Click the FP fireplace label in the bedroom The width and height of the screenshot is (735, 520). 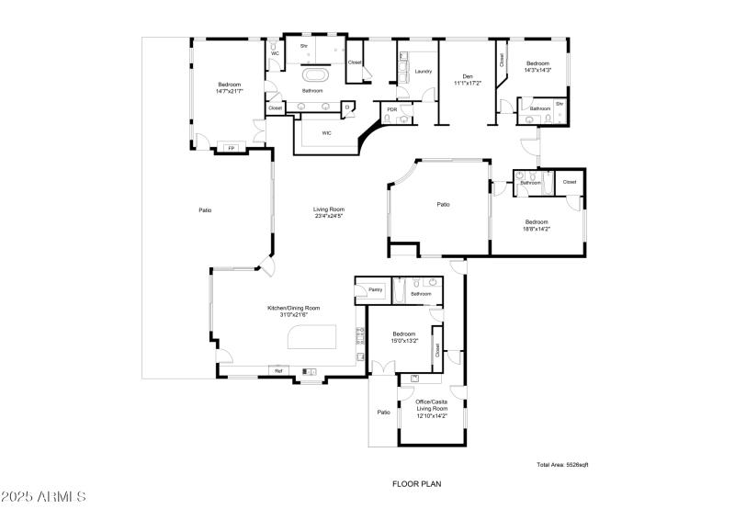tap(231, 148)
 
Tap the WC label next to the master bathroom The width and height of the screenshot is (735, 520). tap(275, 53)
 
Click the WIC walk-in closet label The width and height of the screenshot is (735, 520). tap(326, 133)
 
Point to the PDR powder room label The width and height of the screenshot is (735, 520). tap(392, 110)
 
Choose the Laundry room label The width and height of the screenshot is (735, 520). tap(423, 71)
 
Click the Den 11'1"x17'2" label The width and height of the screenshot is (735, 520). tap(468, 79)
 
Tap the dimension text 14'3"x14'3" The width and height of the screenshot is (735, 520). tap(537, 70)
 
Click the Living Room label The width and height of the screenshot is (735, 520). tap(329, 212)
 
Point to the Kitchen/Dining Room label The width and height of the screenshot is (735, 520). tap(294, 311)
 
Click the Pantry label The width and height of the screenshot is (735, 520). tap(375, 289)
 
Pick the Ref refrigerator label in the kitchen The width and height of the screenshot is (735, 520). tap(277, 370)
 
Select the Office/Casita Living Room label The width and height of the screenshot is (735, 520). tap(431, 409)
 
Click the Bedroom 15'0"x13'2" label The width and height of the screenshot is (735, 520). tap(404, 336)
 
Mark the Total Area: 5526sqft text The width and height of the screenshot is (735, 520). tap(562, 465)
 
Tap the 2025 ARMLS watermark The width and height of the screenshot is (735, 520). tap(44, 497)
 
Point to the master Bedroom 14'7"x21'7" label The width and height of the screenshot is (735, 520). tap(229, 87)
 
